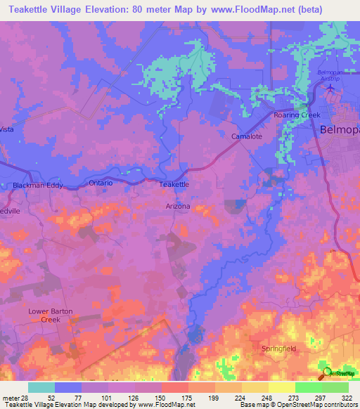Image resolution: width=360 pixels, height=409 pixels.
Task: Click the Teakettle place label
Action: pos(174,184)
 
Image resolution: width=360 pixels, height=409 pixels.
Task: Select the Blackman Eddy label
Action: pos(38,186)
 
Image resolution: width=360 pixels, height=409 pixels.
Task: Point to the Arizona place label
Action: pos(177,207)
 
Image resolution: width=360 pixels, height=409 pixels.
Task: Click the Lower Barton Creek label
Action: pos(51,315)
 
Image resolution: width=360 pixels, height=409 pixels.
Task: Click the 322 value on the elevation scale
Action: pos(347,397)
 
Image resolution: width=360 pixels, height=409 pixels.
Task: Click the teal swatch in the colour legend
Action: pos(41,387)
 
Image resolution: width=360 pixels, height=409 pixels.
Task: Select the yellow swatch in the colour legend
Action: pos(281,387)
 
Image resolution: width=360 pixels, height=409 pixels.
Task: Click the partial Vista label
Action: pos(7,129)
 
